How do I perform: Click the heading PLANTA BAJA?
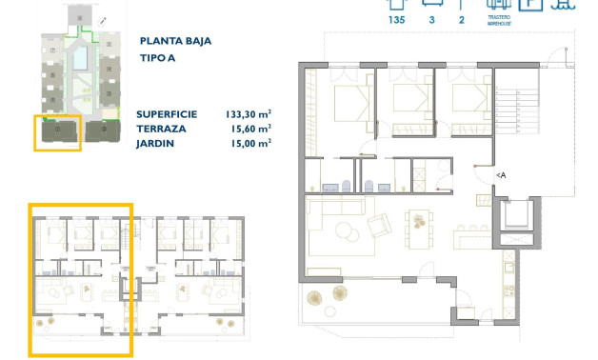tap(175, 41)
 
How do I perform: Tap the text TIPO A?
tap(158, 58)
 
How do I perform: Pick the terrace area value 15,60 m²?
tap(250, 128)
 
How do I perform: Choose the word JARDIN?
tap(155, 143)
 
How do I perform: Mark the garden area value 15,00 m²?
tap(250, 143)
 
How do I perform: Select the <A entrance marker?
tap(501, 175)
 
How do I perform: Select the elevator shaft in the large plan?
tap(517, 220)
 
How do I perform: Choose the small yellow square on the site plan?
tap(57, 132)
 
